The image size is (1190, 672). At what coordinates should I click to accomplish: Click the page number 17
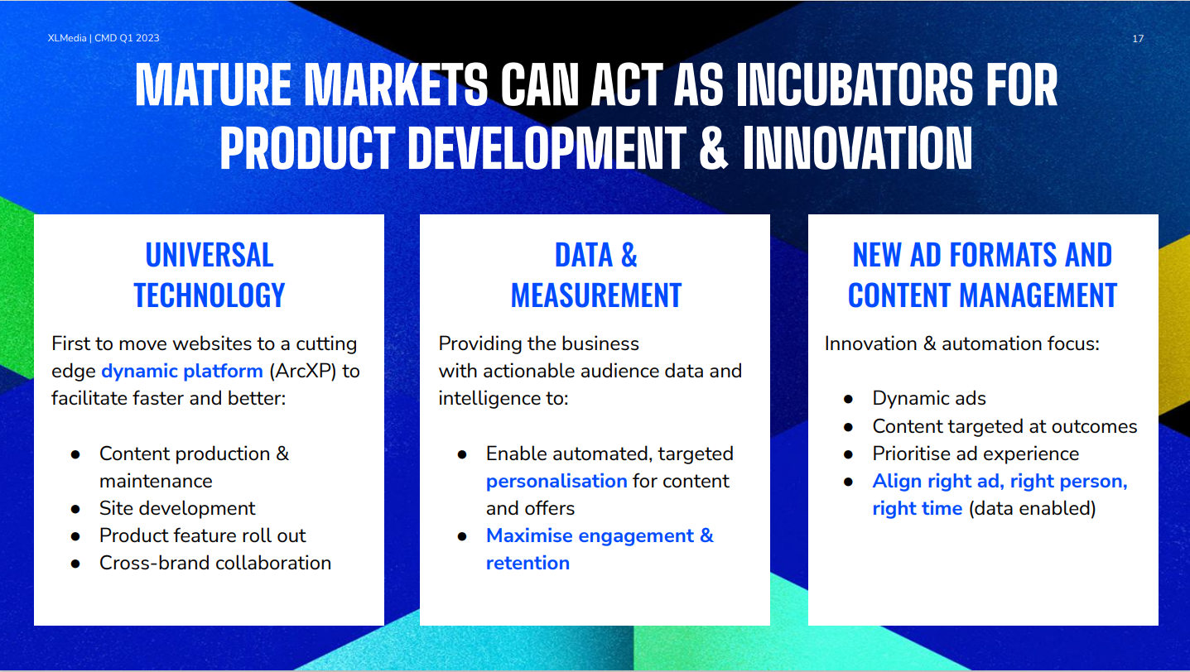1137,39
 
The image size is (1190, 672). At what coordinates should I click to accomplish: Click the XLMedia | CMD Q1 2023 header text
104,38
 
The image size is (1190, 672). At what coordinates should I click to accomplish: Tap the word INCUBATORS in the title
855,85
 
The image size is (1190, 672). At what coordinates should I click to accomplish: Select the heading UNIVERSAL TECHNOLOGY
210,275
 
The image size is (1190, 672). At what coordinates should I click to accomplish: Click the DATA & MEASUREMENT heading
595,275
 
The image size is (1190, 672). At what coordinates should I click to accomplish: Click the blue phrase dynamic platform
182,371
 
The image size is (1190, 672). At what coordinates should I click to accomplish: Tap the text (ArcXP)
303,371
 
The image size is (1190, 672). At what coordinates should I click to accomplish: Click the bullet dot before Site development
75,509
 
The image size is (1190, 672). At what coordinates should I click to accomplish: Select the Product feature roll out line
202,535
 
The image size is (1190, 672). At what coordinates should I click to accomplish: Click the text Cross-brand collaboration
215,563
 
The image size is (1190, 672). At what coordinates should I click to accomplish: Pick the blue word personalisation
556,481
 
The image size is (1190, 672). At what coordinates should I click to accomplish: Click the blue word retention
528,563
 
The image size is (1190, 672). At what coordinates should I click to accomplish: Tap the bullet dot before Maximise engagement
462,536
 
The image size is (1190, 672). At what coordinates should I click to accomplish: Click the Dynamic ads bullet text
929,399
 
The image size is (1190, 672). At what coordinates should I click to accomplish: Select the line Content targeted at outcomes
1005,426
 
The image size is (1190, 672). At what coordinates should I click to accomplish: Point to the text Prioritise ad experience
976,454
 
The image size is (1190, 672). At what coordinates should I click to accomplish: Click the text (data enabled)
1032,508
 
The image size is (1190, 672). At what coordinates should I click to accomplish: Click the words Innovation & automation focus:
962,344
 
